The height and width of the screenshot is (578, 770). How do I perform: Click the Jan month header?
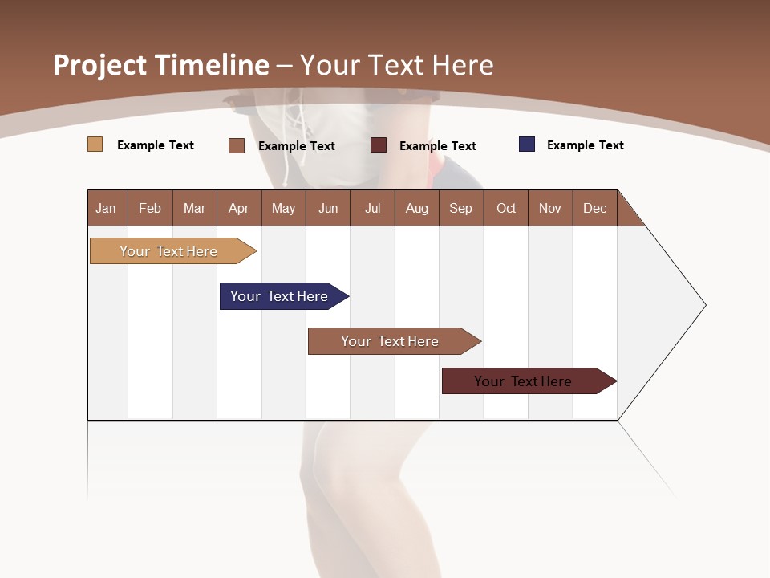pos(106,208)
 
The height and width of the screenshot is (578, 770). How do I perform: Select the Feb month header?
pos(150,208)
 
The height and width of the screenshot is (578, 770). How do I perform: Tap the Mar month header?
pos(194,208)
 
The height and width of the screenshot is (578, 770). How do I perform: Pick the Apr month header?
pos(238,208)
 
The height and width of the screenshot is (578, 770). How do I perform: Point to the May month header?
pos(283,208)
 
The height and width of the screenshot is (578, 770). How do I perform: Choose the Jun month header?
pos(328,208)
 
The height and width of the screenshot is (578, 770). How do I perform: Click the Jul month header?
pos(372,208)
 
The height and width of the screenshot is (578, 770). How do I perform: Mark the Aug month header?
pos(416,208)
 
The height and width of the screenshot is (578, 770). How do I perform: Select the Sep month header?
pos(460,208)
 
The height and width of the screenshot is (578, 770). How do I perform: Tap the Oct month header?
pos(506,208)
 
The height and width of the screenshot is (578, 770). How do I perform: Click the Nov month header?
pos(550,208)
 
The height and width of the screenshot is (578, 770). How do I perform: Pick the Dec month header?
pos(594,208)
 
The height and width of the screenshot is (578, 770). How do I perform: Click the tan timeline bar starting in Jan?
pos(169,251)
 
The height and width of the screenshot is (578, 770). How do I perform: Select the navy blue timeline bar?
pos(280,296)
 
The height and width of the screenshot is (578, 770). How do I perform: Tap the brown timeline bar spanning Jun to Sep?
pos(391,341)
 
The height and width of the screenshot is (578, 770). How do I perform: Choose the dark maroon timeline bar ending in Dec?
pos(524,381)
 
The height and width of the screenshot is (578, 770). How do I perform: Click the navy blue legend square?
pos(527,144)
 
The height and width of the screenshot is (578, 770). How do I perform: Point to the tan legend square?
pos(95,144)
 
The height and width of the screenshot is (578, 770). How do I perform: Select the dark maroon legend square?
pos(379,145)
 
